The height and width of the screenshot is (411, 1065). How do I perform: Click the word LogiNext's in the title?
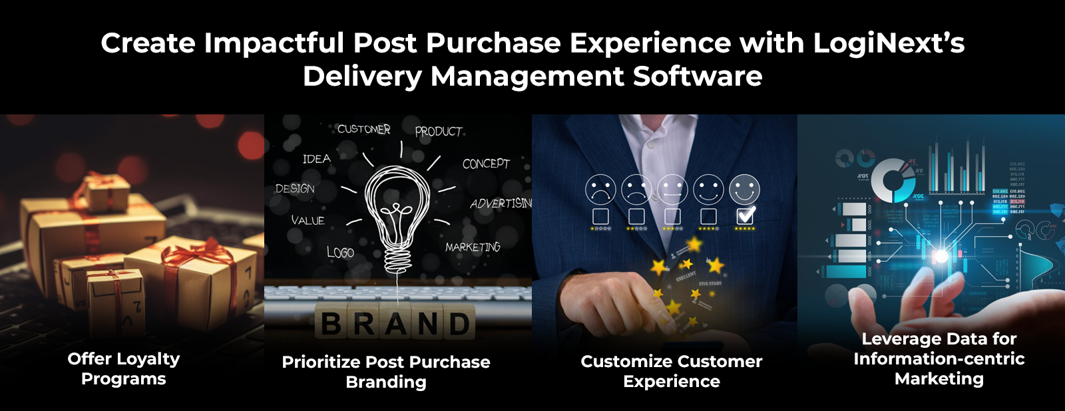click(x=888, y=43)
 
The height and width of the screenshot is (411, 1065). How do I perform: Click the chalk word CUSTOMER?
click(x=363, y=129)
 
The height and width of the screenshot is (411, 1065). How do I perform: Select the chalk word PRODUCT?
click(x=439, y=132)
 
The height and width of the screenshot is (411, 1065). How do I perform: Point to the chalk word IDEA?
click(x=316, y=159)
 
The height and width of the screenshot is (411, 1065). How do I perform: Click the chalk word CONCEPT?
click(x=486, y=164)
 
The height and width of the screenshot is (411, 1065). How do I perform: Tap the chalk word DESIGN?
click(x=295, y=189)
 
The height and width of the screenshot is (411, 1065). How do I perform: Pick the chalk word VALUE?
click(x=308, y=220)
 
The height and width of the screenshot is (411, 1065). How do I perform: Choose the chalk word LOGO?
click(x=340, y=252)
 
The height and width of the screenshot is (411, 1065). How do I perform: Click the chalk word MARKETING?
click(x=473, y=247)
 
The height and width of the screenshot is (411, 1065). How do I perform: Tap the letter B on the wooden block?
click(x=331, y=324)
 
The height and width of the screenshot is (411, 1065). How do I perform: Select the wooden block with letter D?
click(x=459, y=324)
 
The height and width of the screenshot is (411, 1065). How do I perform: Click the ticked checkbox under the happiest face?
click(x=745, y=216)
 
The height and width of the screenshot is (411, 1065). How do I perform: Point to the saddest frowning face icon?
click(x=600, y=190)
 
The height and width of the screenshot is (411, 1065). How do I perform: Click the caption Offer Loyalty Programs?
click(x=124, y=368)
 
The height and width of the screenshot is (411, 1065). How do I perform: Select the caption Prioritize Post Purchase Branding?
click(x=386, y=372)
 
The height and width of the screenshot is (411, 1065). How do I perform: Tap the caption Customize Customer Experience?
click(x=672, y=371)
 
